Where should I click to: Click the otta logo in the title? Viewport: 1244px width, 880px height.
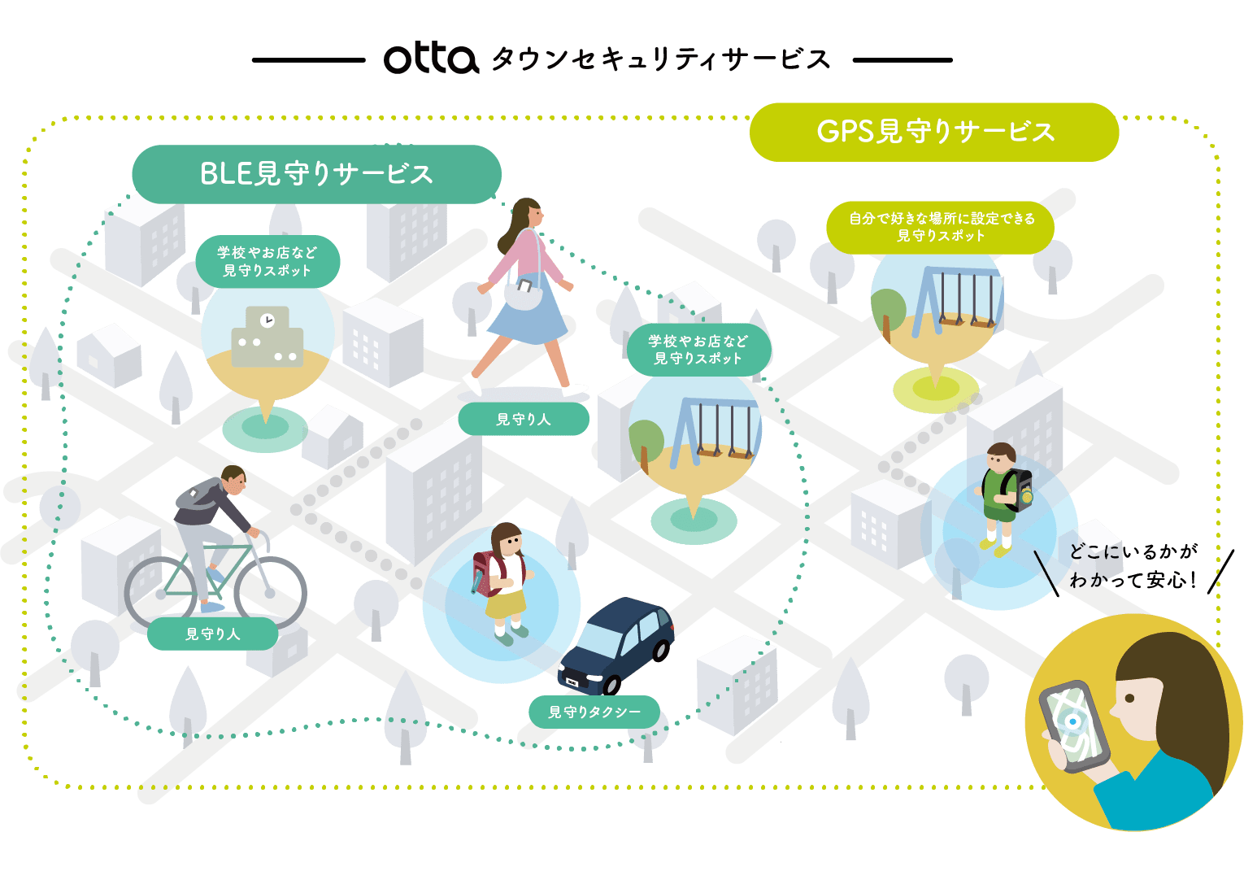[430, 59]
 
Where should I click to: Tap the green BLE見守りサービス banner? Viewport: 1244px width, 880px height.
[316, 174]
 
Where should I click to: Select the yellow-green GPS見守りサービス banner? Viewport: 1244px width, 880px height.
[934, 132]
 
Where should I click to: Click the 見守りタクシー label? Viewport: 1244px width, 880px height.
[594, 712]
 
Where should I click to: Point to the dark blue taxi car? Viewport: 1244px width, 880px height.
[619, 643]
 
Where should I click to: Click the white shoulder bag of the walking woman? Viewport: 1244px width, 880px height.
[523, 292]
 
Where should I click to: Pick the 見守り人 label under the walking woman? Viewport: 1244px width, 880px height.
[524, 420]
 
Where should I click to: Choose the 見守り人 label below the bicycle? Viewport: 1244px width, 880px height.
[213, 634]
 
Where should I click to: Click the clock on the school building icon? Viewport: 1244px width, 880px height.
[267, 320]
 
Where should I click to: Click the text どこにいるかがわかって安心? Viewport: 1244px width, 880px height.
[1133, 566]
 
